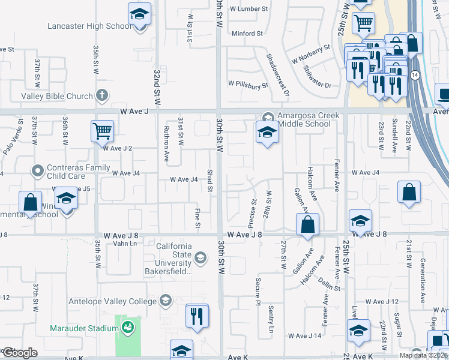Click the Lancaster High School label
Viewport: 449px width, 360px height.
tap(90, 26)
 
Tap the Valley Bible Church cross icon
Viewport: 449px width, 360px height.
tap(103, 95)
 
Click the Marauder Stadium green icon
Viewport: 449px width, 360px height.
tap(127, 327)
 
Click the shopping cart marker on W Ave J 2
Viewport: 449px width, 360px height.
tap(102, 131)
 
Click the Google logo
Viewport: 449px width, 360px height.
tap(20, 352)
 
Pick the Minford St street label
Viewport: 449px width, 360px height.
tap(247, 34)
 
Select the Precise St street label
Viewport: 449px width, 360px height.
tap(253, 214)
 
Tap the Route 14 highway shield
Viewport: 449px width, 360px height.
tap(415, 74)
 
